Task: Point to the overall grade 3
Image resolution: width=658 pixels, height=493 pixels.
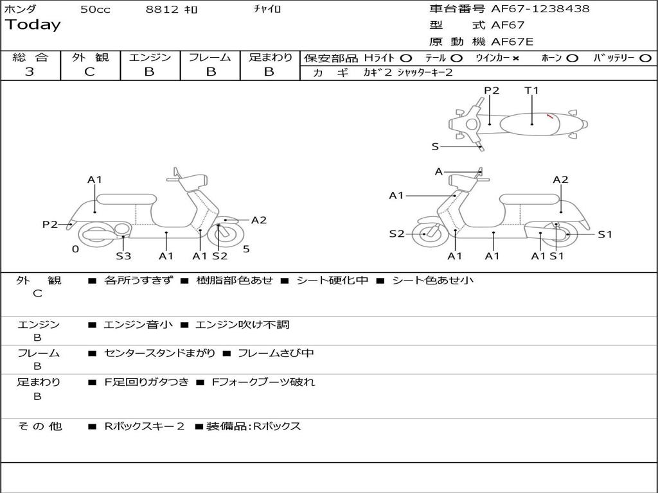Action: [30, 72]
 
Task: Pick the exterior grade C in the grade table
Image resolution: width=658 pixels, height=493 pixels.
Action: [89, 72]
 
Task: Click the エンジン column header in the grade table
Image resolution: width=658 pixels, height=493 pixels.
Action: [150, 58]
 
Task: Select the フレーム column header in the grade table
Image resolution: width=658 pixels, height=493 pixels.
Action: [210, 58]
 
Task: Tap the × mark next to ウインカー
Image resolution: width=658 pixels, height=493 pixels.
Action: [516, 58]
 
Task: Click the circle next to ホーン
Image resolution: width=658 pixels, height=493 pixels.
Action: [572, 58]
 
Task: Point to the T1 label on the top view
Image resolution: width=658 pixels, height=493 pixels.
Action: [531, 91]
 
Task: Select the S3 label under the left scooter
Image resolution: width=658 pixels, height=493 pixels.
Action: [123, 256]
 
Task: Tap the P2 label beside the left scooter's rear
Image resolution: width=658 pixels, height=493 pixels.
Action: [50, 224]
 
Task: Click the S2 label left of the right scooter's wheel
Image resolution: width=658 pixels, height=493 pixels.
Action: [396, 234]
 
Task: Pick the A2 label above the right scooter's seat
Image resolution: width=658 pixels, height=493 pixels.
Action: [560, 180]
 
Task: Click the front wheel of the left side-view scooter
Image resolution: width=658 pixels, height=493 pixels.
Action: [222, 236]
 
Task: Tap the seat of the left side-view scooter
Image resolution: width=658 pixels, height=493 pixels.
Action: [126, 199]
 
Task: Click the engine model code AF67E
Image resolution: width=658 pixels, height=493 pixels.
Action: [511, 42]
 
